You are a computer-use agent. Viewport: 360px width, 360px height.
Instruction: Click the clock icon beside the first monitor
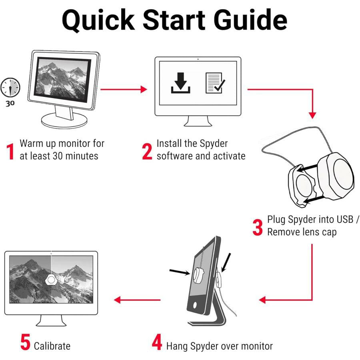[x=10, y=87]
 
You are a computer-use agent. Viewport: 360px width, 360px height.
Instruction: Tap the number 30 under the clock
[x=10, y=104]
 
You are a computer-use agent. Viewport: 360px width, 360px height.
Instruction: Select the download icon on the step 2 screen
[x=181, y=83]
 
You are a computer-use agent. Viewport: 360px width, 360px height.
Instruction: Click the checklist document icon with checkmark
[x=215, y=83]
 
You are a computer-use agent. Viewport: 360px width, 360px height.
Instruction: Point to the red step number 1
[x=10, y=152]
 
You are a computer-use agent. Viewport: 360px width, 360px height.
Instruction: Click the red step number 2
[x=147, y=152]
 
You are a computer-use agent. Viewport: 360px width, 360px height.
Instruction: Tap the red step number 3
[x=258, y=227]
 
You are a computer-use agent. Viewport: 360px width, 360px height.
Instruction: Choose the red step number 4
[x=157, y=342]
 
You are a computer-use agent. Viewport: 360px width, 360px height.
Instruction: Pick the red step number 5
[x=25, y=342]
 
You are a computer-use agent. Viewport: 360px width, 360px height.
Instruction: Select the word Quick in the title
[x=98, y=20]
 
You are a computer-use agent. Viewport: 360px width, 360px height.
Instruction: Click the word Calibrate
[x=52, y=346]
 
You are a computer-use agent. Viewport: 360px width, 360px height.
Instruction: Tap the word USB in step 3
[x=345, y=219]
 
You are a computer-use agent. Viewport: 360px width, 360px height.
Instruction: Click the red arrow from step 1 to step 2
[x=124, y=89]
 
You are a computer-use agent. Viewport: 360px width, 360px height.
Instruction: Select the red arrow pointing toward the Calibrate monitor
[x=137, y=300]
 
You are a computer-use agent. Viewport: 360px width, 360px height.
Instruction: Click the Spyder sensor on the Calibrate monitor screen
[x=51, y=280]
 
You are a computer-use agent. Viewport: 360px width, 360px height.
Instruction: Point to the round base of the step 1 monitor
[x=64, y=120]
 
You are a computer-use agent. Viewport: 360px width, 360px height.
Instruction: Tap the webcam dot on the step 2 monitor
[x=198, y=59]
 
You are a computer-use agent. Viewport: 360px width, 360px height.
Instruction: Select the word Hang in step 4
[x=177, y=346]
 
